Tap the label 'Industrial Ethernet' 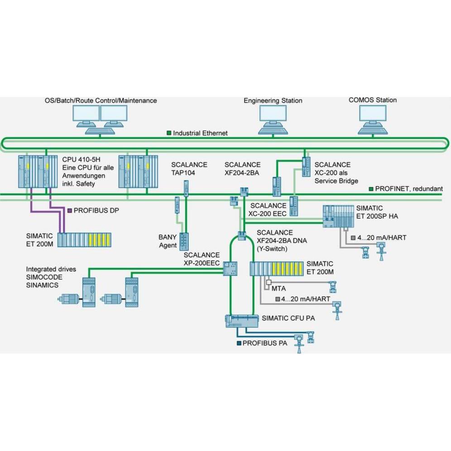200,133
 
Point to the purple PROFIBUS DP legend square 69,211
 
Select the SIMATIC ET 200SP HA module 339,216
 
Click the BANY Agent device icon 184,241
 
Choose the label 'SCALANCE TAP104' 189,168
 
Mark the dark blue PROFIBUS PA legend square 239,343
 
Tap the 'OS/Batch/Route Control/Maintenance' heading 101,101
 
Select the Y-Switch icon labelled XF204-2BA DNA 241,235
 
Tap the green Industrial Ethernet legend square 169,133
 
